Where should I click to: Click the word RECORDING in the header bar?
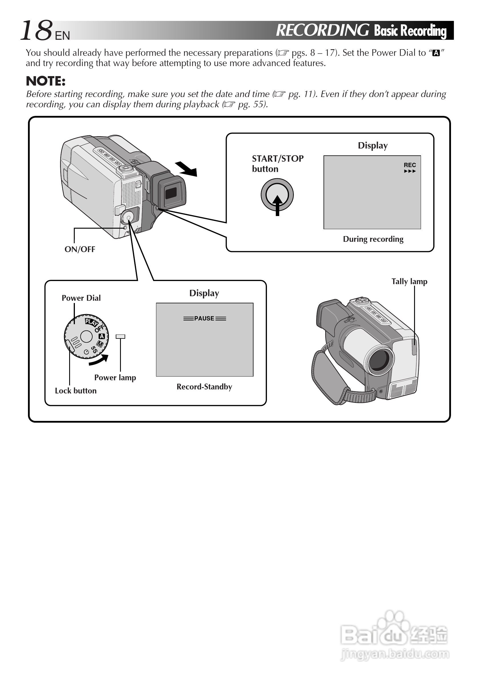pyautogui.click(x=322, y=30)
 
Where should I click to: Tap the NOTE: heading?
pyautogui.click(x=46, y=81)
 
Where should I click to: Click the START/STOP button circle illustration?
pyautogui.click(x=277, y=195)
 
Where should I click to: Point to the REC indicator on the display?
pyautogui.click(x=410, y=165)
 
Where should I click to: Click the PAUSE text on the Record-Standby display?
pyautogui.click(x=204, y=318)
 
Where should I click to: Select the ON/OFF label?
pyautogui.click(x=80, y=249)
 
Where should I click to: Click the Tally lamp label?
pyautogui.click(x=409, y=281)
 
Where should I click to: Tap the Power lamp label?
pyautogui.click(x=115, y=377)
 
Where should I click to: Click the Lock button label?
pyautogui.click(x=75, y=391)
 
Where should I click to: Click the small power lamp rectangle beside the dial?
pyautogui.click(x=120, y=336)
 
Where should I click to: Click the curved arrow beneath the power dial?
pyautogui.click(x=99, y=360)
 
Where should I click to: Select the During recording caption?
pyautogui.click(x=373, y=239)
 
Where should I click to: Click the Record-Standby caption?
pyautogui.click(x=204, y=387)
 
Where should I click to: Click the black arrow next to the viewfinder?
pyautogui.click(x=186, y=169)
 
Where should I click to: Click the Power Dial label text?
pyautogui.click(x=81, y=298)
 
